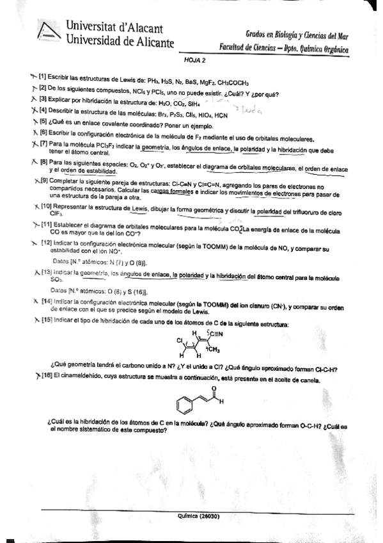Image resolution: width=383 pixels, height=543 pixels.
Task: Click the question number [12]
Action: pyautogui.click(x=46, y=245)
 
